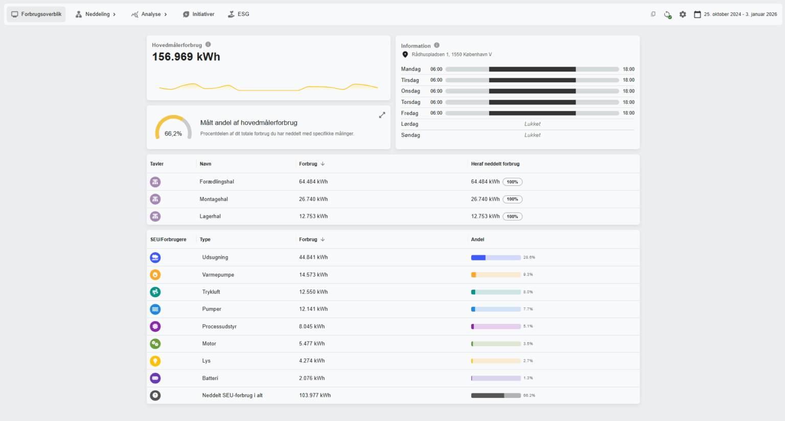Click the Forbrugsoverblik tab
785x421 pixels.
click(36, 14)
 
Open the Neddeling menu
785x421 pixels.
click(96, 14)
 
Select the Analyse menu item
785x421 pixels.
click(149, 14)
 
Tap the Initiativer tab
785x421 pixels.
click(199, 14)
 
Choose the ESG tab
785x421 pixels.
click(239, 14)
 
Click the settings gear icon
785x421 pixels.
click(683, 14)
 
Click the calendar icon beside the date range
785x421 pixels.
click(698, 14)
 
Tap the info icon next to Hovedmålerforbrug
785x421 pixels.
click(208, 45)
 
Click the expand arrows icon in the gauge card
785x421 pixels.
click(382, 115)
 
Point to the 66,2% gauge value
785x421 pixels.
click(173, 134)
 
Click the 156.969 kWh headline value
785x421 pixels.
click(186, 57)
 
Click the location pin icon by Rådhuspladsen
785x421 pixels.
click(405, 54)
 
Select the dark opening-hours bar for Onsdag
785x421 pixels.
click(533, 91)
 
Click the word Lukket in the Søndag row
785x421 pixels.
click(533, 135)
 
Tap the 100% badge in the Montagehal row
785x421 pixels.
click(513, 200)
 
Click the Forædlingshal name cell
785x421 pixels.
click(217, 182)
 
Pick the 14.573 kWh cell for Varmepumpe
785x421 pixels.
click(313, 275)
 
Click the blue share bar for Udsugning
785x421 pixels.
click(478, 257)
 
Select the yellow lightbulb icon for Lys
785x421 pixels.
click(155, 361)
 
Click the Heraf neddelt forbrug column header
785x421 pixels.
click(495, 164)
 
